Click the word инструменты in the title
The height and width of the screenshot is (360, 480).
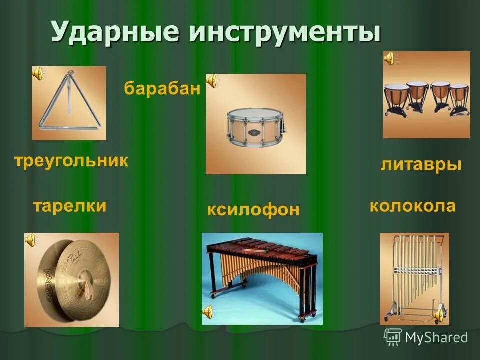pos(284,32)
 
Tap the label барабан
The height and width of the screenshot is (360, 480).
pos(162,89)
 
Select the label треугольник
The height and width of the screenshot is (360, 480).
pos(71,161)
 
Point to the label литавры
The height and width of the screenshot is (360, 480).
pos(421,164)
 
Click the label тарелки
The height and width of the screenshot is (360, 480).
pos(70,205)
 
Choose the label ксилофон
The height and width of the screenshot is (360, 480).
pos(253,209)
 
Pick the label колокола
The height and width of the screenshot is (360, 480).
pos(413,206)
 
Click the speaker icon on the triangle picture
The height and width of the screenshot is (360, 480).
pos(38,74)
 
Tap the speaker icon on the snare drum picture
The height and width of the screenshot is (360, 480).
pos(212,80)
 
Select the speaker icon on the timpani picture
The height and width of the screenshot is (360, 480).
pos(389,59)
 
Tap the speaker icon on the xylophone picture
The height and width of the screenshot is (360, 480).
pos(208,312)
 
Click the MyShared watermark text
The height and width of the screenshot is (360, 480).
pos(436,337)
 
